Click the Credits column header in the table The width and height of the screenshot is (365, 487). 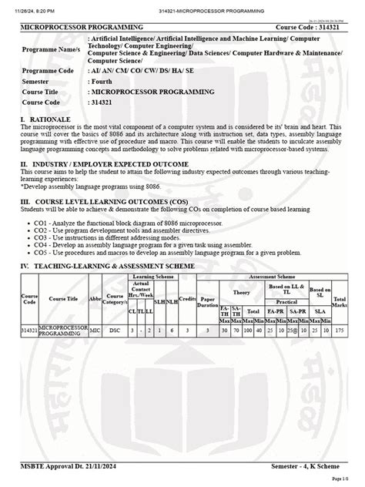click(x=187, y=297)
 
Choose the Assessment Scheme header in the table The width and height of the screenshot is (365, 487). click(x=275, y=275)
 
